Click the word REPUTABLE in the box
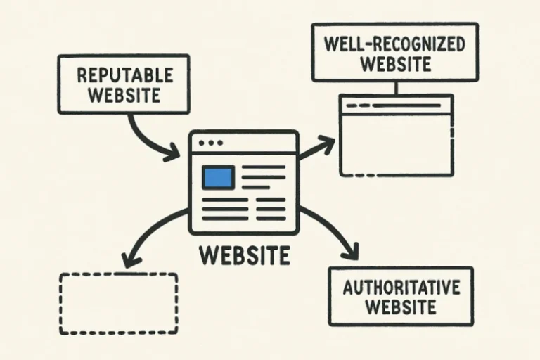[124, 74]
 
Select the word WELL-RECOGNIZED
[395, 44]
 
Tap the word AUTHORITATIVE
[401, 287]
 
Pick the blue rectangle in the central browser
[217, 177]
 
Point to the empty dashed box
[117, 304]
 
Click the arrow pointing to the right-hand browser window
[316, 148]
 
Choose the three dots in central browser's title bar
[210, 143]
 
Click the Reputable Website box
[124, 84]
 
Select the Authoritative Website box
[401, 296]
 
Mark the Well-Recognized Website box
[395, 53]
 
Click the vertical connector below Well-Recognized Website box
[396, 88]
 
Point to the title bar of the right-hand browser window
[396, 105]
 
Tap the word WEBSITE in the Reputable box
[124, 94]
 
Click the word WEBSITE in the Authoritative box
[401, 307]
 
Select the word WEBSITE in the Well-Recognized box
[395, 65]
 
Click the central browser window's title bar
[253, 143]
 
